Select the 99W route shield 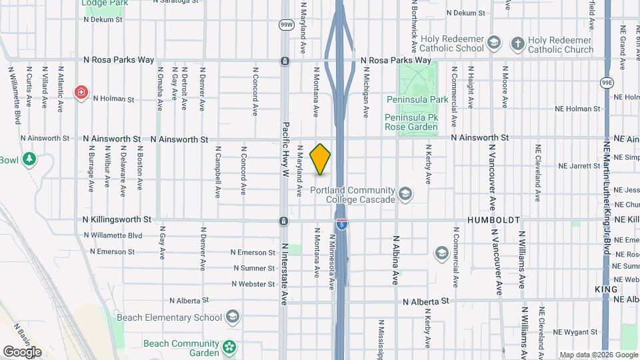tap(285, 25)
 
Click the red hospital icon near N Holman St tap(82, 91)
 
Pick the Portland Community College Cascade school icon tap(404, 194)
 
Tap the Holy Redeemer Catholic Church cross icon tap(517, 44)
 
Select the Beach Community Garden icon tap(229, 347)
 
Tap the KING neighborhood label tap(606, 289)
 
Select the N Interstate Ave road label tap(285, 273)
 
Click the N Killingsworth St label tap(117, 219)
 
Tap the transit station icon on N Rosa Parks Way tap(285, 61)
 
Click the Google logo tap(22, 351)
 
